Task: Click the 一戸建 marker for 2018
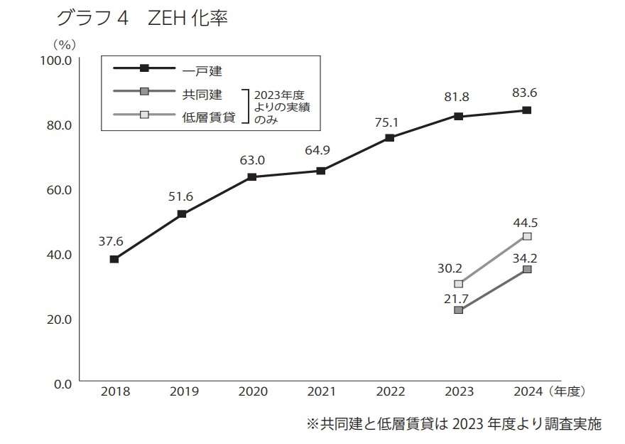click(x=114, y=259)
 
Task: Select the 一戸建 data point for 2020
click(x=251, y=176)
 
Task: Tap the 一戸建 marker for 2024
click(x=527, y=110)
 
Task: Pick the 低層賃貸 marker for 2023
click(x=458, y=284)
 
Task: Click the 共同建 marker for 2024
click(x=527, y=269)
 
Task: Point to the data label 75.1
click(x=389, y=122)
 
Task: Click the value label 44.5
click(x=526, y=223)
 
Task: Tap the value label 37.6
click(x=111, y=241)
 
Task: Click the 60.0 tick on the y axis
click(x=58, y=189)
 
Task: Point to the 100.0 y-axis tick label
click(x=55, y=60)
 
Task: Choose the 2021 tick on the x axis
click(x=321, y=391)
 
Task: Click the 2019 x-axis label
click(x=183, y=391)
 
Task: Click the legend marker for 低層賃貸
click(x=144, y=115)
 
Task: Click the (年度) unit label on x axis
click(x=567, y=391)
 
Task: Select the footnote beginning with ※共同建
click(x=453, y=424)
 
